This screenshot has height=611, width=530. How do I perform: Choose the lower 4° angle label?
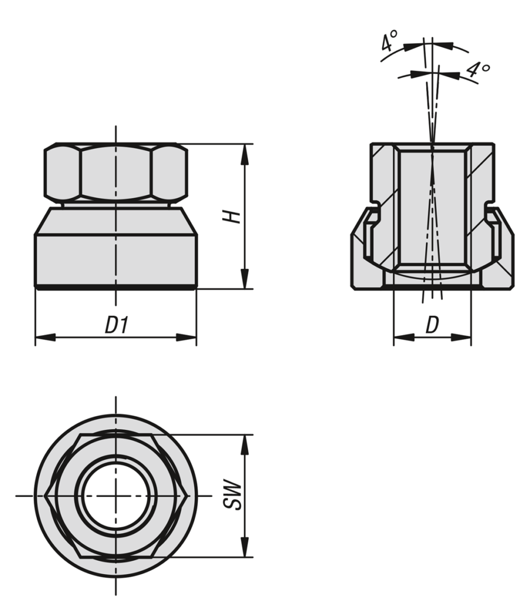[x=478, y=70]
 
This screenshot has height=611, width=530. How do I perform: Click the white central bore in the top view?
[x=116, y=495]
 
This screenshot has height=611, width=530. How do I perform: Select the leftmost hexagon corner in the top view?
[x=46, y=495]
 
